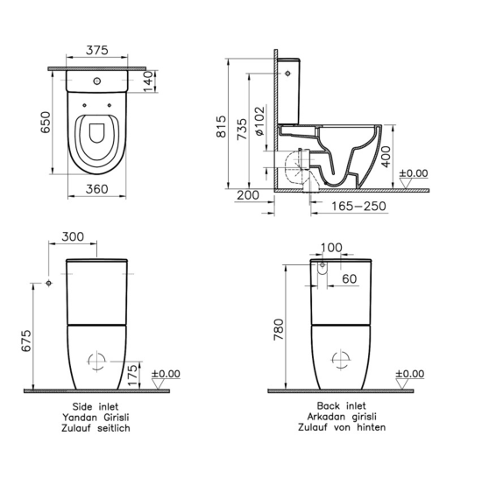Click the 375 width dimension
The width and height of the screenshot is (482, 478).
click(x=96, y=50)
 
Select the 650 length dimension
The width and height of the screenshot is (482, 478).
click(x=46, y=123)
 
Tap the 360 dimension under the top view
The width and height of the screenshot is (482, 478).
click(x=96, y=189)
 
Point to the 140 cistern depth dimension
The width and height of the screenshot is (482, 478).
click(x=148, y=81)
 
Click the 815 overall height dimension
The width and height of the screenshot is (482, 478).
click(x=221, y=126)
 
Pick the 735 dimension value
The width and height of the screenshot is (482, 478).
click(x=242, y=129)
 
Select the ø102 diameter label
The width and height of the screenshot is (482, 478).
click(x=259, y=121)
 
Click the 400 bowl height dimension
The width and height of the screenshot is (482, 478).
click(x=386, y=157)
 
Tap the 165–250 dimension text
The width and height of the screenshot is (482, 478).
click(x=358, y=206)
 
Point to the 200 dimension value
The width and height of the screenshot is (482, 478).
click(x=248, y=195)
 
